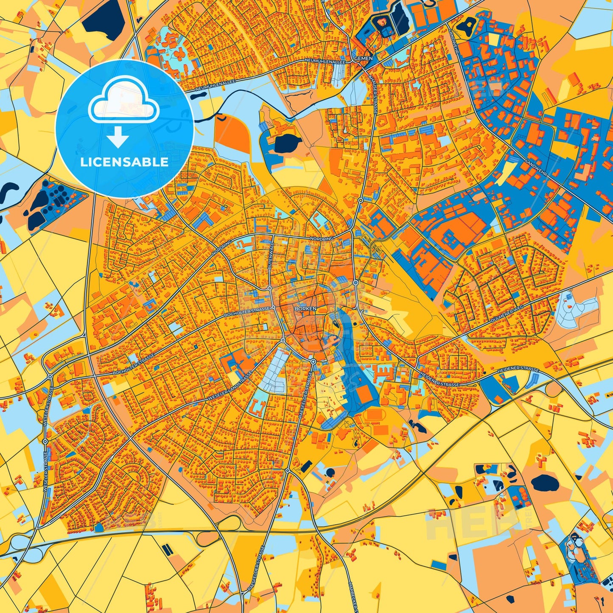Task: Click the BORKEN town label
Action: coord(305,309)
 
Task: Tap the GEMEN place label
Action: coord(364,58)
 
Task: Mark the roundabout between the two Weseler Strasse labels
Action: coord(45,442)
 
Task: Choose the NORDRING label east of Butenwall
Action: coord(333,238)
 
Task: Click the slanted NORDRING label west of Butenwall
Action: coord(222,247)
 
